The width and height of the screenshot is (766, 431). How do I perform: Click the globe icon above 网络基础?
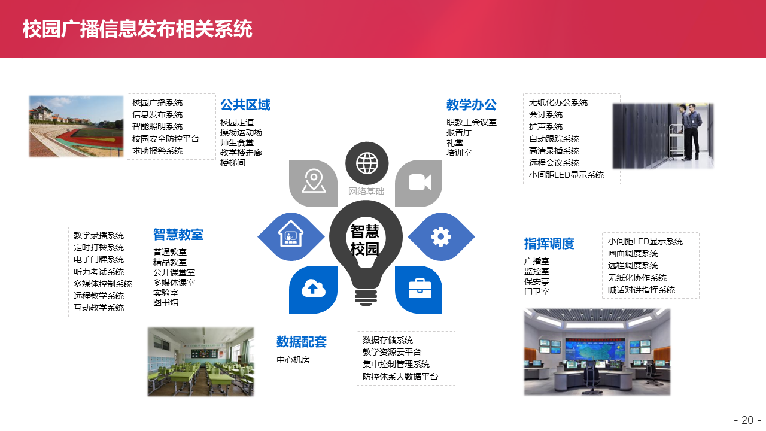point(367,163)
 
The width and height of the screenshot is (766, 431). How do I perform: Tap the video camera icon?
point(420,183)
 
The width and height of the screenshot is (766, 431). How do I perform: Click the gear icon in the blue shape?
point(441,236)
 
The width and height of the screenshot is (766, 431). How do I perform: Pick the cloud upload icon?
point(313,289)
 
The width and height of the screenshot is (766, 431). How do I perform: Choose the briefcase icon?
point(420,289)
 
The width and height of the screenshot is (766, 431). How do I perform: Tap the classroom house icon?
point(291,233)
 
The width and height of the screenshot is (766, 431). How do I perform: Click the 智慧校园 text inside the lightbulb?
point(365,240)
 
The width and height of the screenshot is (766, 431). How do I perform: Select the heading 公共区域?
point(245,105)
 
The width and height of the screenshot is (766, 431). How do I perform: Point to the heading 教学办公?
point(471,105)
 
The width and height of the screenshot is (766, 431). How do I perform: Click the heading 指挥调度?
point(549,244)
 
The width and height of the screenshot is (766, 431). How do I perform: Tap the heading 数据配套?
point(301,342)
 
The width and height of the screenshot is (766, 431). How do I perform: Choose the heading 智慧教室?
point(178,235)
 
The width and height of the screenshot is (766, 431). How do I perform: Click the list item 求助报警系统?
point(157,151)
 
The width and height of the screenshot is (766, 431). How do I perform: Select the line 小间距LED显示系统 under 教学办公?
point(566,175)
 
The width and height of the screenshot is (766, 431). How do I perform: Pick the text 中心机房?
point(293,360)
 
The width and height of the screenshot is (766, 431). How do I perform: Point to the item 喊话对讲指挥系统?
point(641,290)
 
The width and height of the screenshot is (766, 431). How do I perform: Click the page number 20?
point(747,420)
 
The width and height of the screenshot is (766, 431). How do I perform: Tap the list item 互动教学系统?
point(99,308)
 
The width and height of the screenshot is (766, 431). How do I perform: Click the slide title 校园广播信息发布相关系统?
point(138,29)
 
